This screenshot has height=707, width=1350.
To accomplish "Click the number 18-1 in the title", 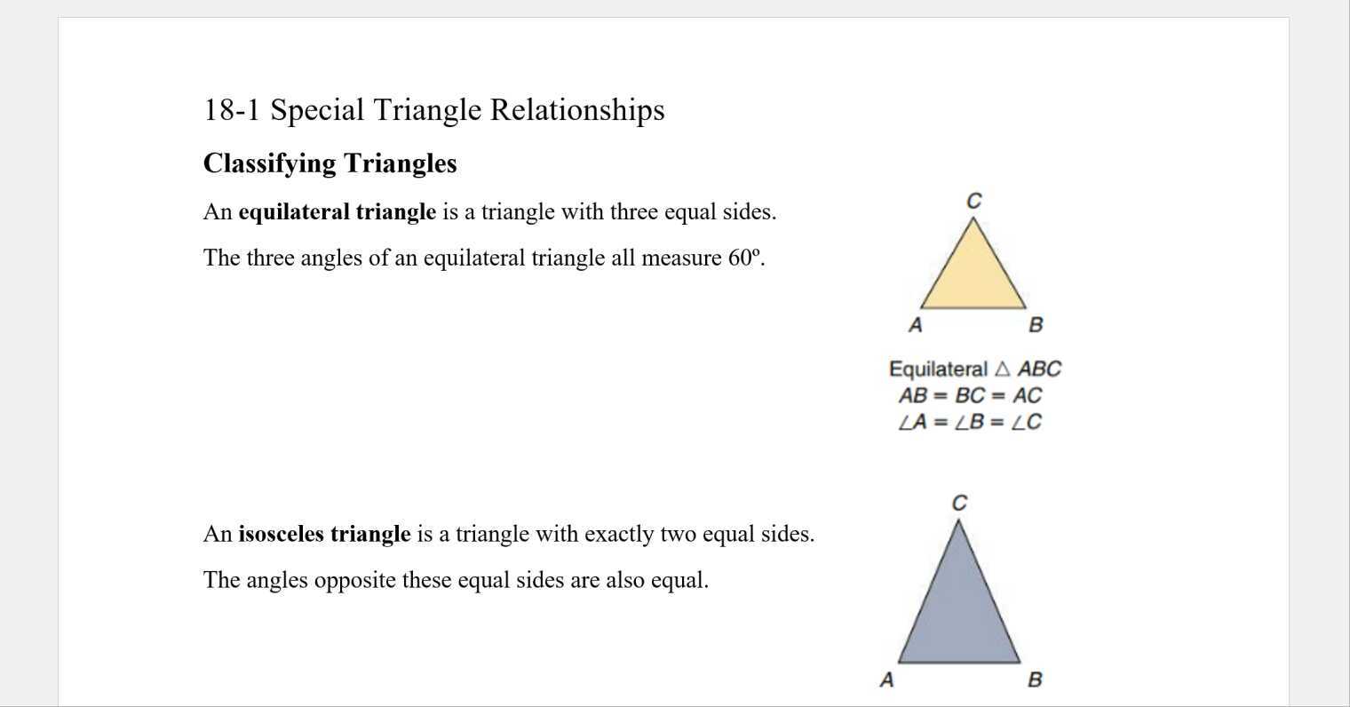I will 232,110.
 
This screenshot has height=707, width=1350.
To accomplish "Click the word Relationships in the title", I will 577,110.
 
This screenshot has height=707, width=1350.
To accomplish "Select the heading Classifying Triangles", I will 330,163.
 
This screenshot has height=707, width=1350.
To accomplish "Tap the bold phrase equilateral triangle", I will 337,212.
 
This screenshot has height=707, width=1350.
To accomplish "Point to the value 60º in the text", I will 745,258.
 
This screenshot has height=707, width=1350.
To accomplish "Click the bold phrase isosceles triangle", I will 324,535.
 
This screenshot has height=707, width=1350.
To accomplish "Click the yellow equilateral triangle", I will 973,275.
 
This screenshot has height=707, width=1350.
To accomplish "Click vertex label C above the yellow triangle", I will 974,202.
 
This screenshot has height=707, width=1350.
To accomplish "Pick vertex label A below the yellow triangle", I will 916,326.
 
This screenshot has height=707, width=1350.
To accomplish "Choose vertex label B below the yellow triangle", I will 1036,326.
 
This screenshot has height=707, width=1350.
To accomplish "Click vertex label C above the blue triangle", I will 959,504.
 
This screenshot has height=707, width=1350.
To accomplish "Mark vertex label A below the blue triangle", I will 886,680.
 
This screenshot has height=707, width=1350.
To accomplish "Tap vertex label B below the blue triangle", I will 1035,680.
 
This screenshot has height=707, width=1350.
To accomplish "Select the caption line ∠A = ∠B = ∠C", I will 970,423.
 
